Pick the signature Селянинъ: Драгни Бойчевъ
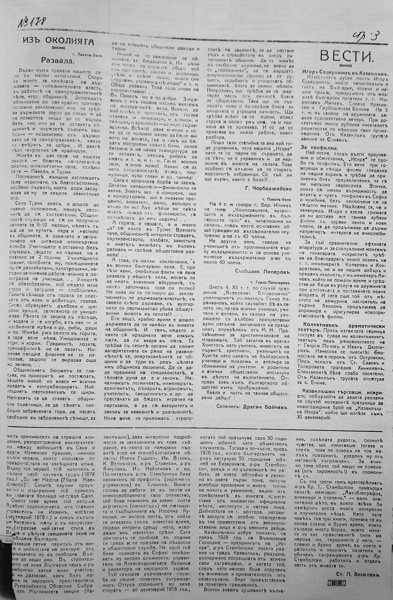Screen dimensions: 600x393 (x=252, y=407)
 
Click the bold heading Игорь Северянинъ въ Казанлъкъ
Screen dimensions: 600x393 (x=345, y=71)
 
